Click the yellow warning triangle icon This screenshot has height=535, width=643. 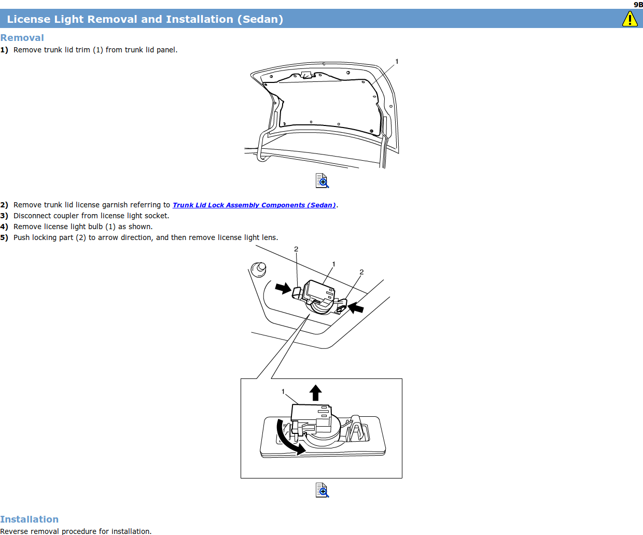(630, 19)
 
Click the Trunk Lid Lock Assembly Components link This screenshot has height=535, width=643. (254, 205)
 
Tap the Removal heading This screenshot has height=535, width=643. (22, 37)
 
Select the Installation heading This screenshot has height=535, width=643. (29, 519)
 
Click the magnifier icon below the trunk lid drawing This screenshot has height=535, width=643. (322, 181)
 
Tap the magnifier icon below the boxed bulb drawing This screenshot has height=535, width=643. (322, 490)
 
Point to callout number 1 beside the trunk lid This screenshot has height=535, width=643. (397, 62)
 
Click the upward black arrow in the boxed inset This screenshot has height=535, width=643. (315, 392)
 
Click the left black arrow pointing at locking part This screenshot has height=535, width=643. (283, 288)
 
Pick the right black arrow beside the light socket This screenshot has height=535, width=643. (356, 307)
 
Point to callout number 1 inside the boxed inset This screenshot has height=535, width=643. (283, 391)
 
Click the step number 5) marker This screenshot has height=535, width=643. (4, 237)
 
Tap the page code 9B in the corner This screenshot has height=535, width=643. (638, 5)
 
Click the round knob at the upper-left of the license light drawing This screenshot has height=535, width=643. (259, 270)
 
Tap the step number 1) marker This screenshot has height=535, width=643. (4, 50)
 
